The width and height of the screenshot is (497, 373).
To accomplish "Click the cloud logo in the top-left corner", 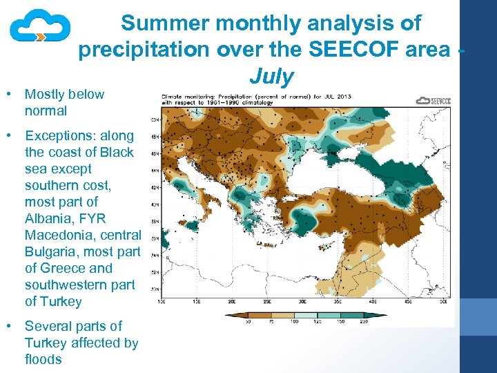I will [39, 28].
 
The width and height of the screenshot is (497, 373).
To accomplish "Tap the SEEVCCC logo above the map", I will [433, 101].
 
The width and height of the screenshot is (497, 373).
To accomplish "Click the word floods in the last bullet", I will [43, 359].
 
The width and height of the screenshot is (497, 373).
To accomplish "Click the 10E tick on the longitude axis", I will [162, 302].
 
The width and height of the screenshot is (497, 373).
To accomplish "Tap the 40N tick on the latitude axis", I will [156, 204].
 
